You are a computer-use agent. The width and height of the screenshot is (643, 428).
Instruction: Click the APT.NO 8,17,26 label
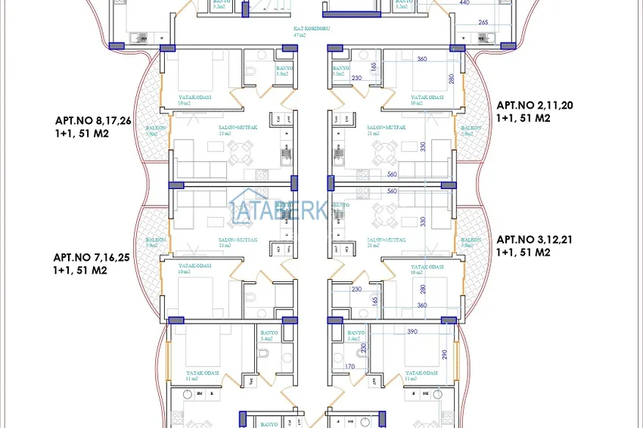coord(93,120)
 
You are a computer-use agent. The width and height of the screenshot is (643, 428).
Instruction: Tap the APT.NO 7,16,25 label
coord(92,257)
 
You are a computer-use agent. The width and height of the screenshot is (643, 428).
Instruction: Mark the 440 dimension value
coord(464,4)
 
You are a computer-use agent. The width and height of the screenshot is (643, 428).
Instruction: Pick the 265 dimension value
coord(483,23)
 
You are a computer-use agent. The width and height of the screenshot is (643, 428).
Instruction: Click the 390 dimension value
coord(412,332)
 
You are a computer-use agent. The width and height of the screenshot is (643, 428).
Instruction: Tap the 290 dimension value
coord(447,354)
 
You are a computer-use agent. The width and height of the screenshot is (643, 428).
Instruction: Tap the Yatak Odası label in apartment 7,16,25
coord(194,266)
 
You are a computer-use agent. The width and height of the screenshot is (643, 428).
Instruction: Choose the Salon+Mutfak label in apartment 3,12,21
coord(386,239)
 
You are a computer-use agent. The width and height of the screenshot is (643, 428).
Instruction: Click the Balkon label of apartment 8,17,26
coord(156,129)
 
